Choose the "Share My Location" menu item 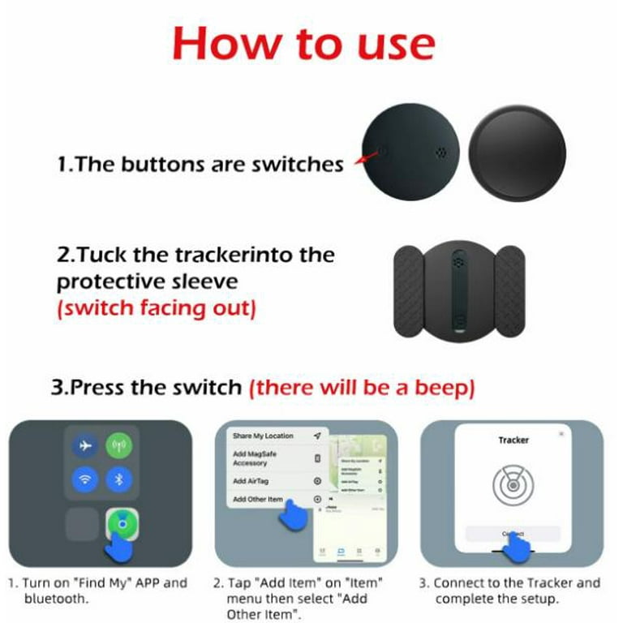click(264, 436)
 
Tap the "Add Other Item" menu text click(257, 500)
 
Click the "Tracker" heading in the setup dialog click(513, 440)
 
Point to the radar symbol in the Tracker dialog click(513, 485)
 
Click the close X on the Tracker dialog click(561, 435)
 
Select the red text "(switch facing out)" click(157, 311)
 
